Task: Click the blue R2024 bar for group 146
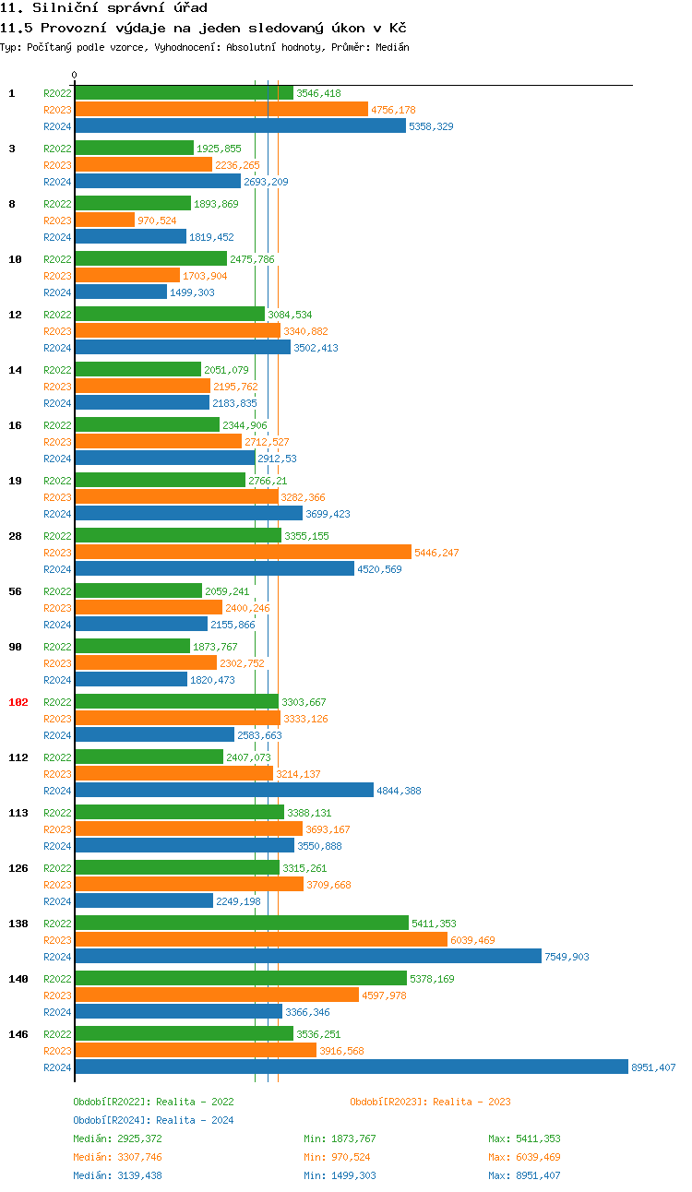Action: (x=351, y=1067)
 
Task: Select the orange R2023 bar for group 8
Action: (x=104, y=220)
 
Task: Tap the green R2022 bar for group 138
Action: (x=241, y=923)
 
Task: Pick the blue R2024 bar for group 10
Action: (x=120, y=292)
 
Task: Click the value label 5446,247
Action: (x=436, y=553)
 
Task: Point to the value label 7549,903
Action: (x=567, y=957)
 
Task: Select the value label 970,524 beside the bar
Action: (x=157, y=221)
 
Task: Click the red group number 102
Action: (x=18, y=702)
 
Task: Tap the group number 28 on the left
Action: (x=15, y=536)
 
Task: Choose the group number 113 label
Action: (x=18, y=813)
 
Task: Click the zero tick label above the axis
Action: (x=75, y=75)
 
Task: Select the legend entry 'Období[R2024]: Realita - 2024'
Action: (x=153, y=1120)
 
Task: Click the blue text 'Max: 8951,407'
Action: (x=524, y=1175)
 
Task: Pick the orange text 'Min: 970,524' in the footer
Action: (x=340, y=1157)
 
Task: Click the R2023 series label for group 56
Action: (x=57, y=608)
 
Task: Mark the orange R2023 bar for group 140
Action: (x=217, y=995)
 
